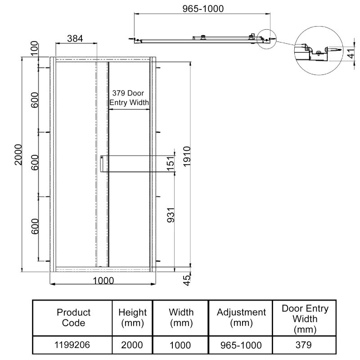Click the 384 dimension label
coord(75,39)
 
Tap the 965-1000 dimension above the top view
coord(202,9)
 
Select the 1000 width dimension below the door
coord(103,280)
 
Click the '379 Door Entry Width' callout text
coord(130,98)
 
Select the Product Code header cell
coord(73,317)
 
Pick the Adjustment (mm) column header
coord(241,317)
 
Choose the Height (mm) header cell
coord(132,317)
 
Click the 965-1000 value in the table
coord(241,346)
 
